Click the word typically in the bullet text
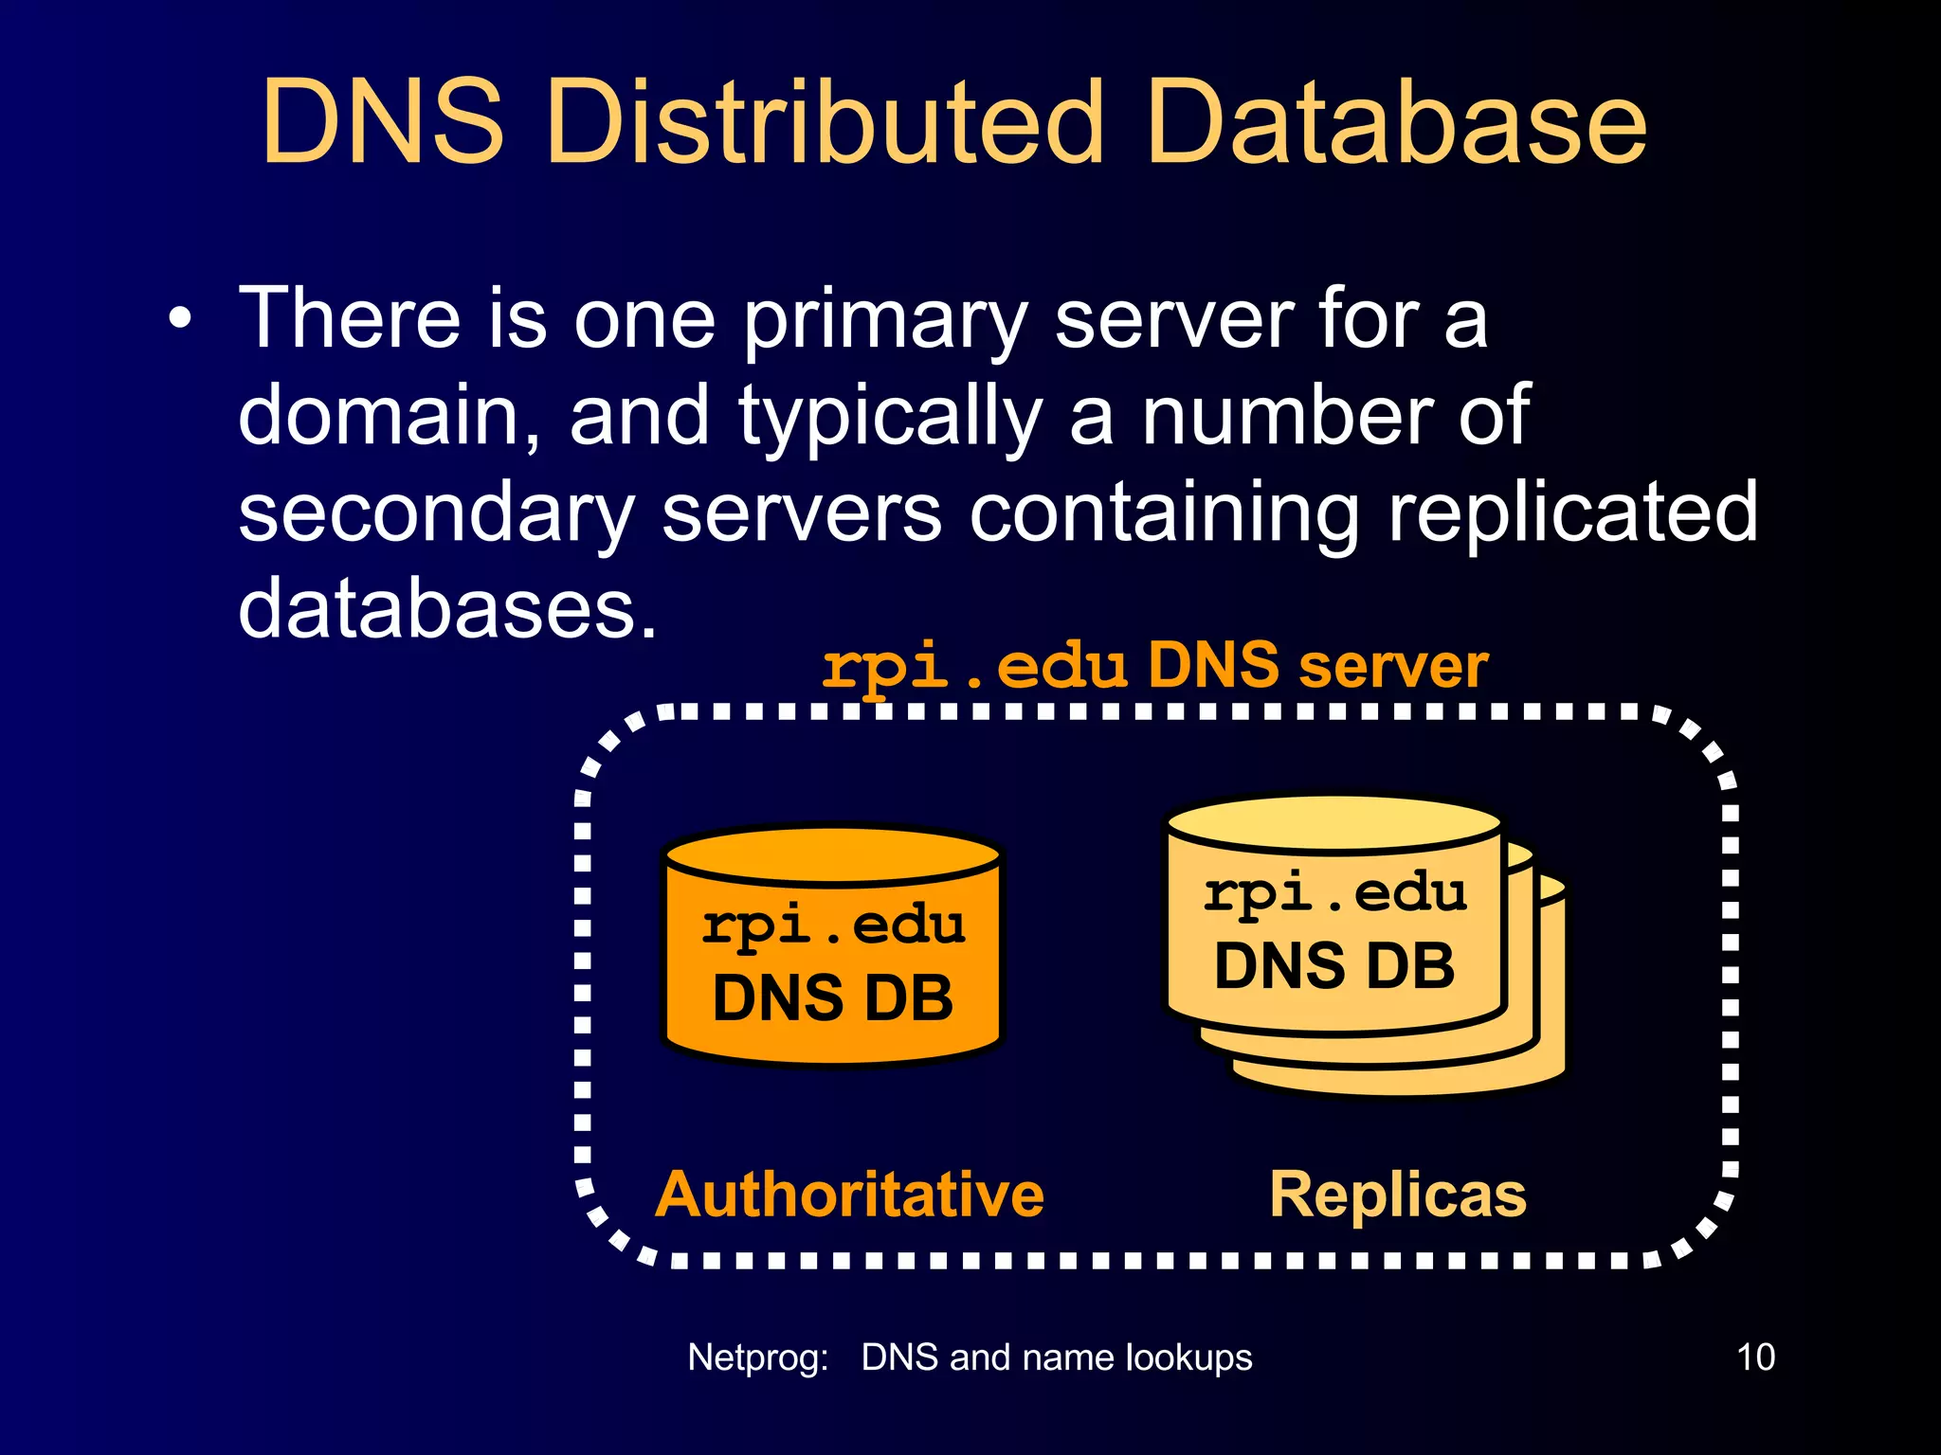coord(891,419)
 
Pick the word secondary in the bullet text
coord(435,513)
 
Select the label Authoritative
coord(849,1195)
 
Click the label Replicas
coord(1398,1195)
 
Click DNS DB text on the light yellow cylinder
coord(1333,967)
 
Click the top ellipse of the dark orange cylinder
coord(833,853)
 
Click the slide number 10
coord(1755,1357)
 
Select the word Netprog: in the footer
coord(757,1357)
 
